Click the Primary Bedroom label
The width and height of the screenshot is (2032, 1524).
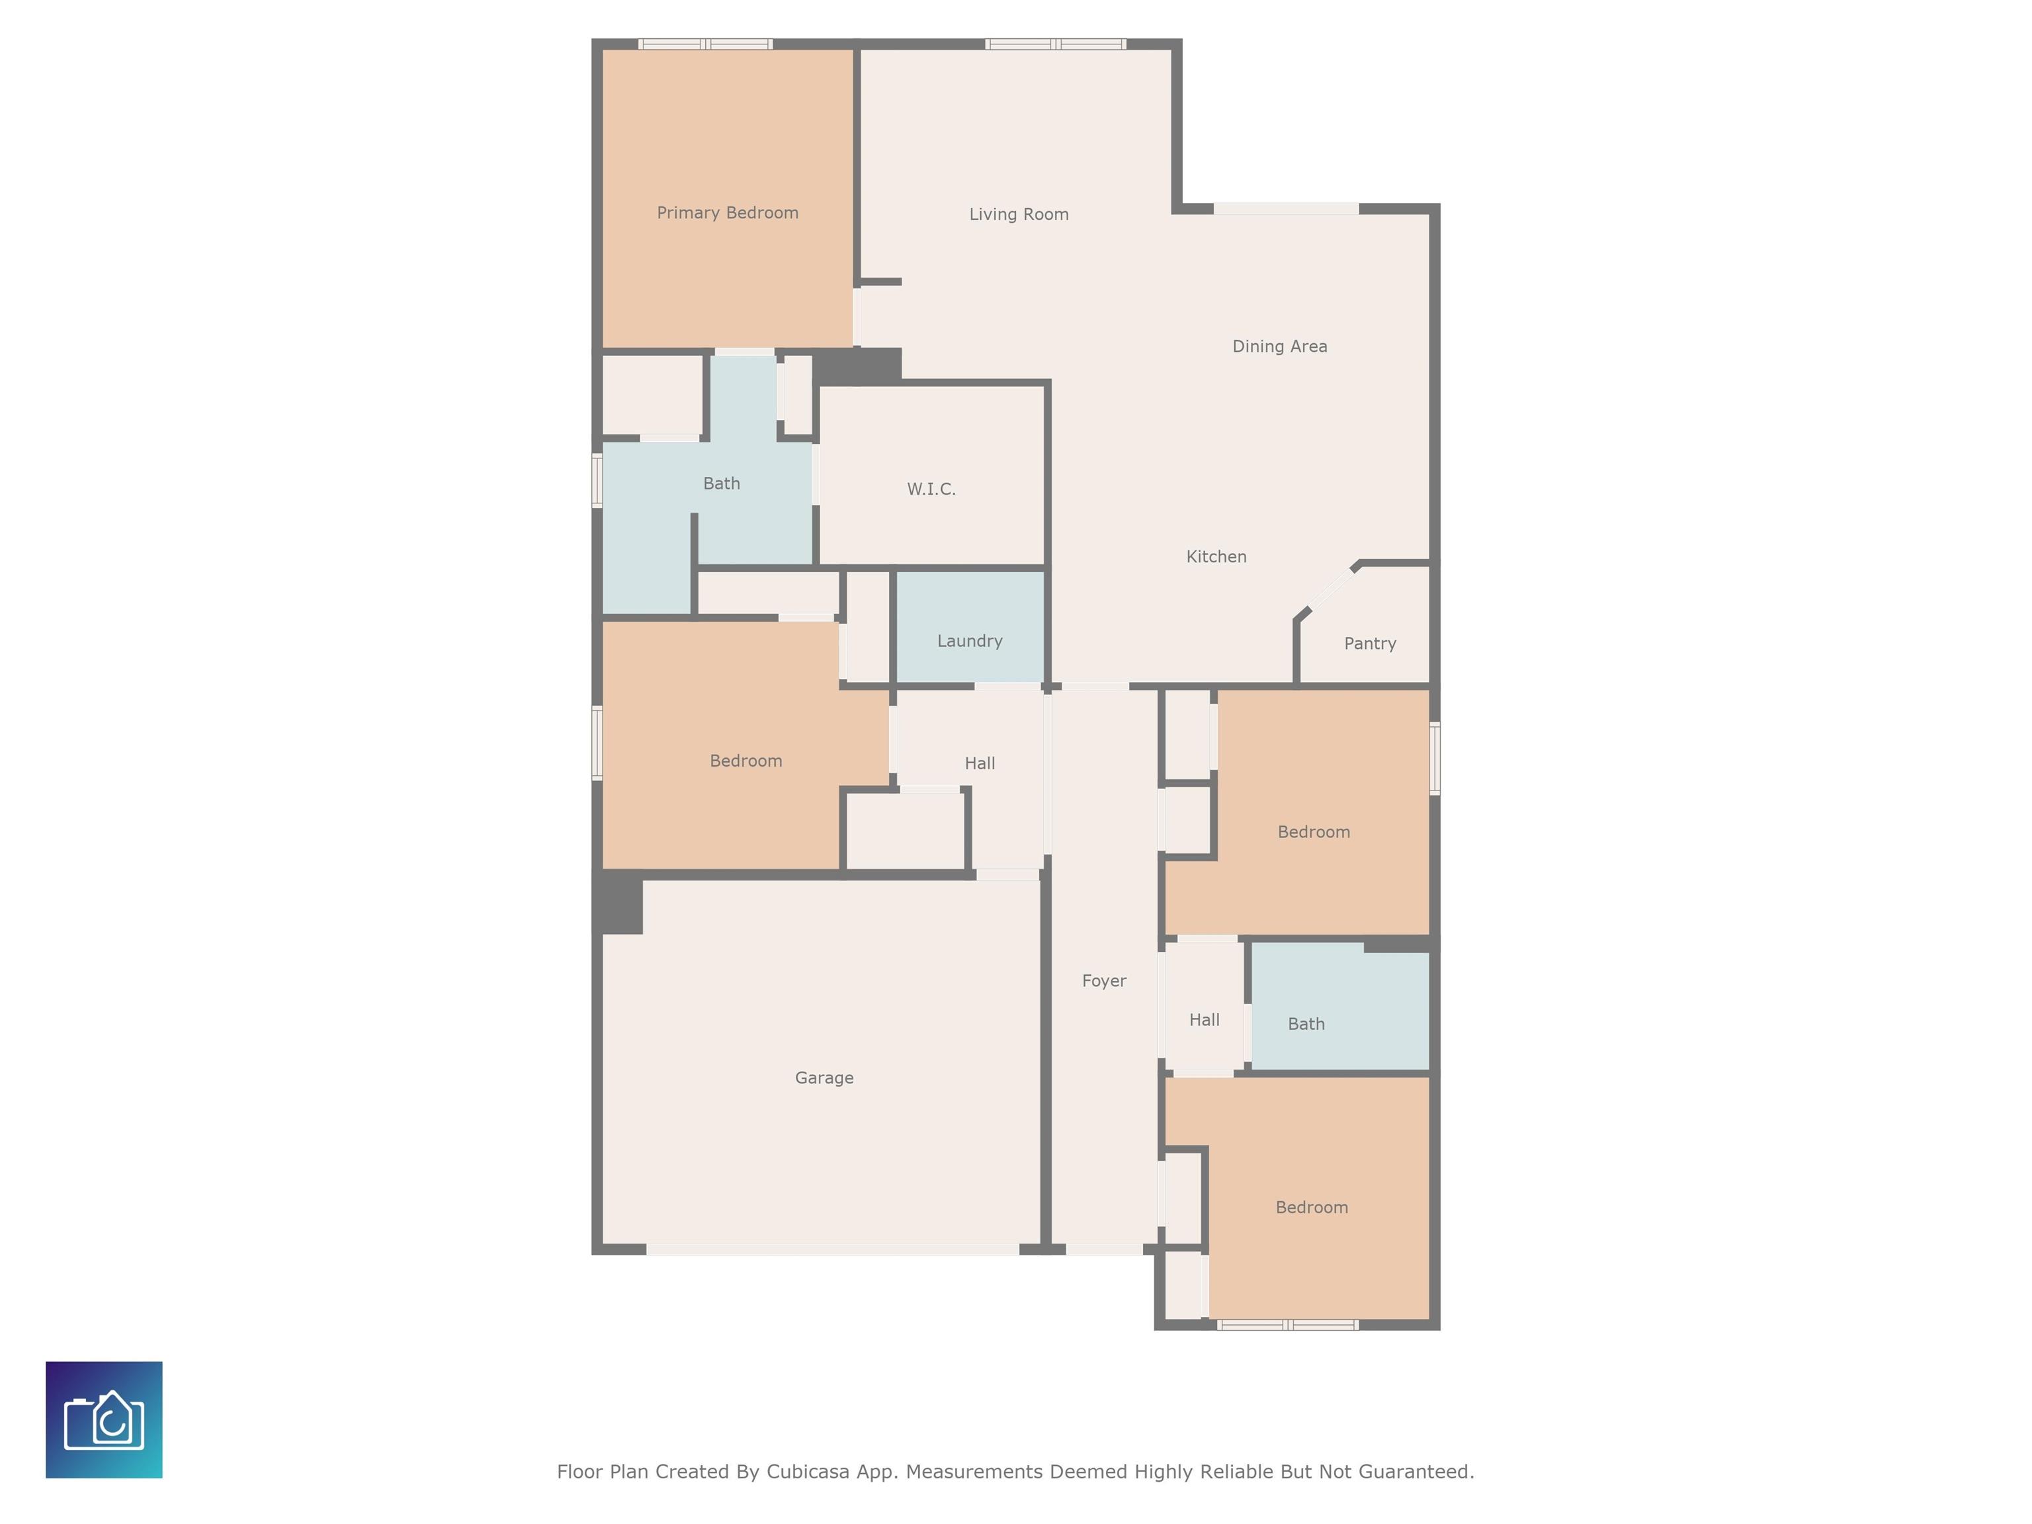click(x=728, y=213)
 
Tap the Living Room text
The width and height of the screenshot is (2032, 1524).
click(x=1019, y=214)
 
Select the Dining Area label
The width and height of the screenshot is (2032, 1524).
click(x=1280, y=347)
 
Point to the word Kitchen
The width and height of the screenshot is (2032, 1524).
click(x=1216, y=557)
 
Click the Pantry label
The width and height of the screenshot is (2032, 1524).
click(x=1370, y=644)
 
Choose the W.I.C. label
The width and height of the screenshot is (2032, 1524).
click(x=931, y=489)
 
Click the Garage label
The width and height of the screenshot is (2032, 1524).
click(x=824, y=1078)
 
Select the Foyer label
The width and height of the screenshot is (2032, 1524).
click(x=1103, y=981)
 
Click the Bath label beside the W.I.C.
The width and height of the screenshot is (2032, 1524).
click(x=721, y=484)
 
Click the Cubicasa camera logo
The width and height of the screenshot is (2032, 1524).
click(x=104, y=1419)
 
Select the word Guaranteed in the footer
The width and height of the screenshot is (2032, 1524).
click(x=1416, y=1472)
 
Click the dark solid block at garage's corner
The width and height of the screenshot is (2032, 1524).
click(x=618, y=903)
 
